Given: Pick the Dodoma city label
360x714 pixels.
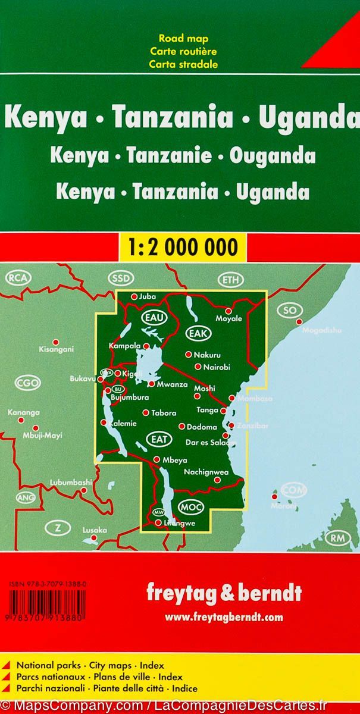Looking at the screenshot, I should pos(202,427).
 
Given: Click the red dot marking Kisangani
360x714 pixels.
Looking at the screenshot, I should pos(56,342).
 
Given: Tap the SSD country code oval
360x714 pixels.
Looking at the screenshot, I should pos(123,279).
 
